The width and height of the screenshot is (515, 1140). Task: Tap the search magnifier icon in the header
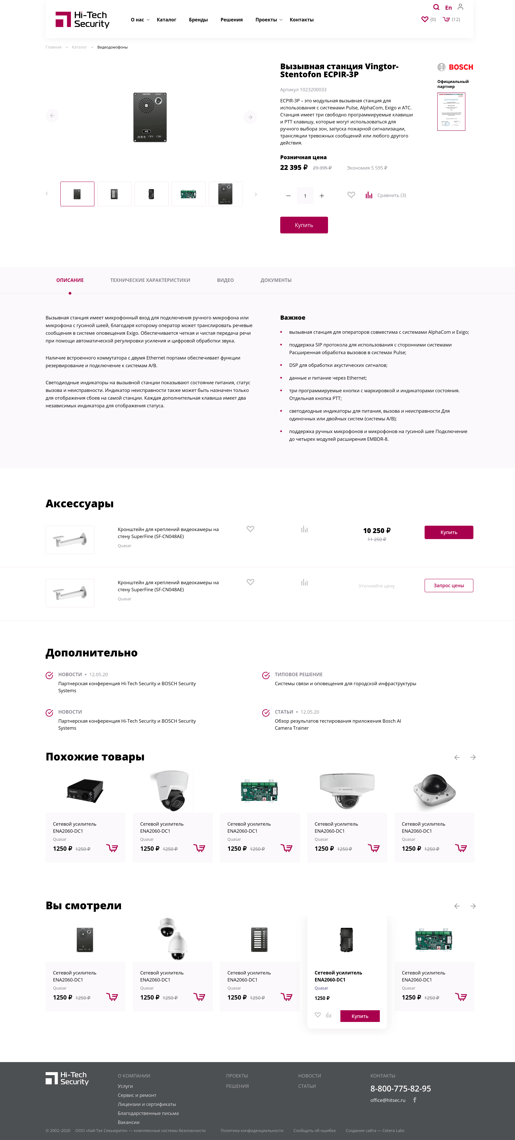tap(436, 7)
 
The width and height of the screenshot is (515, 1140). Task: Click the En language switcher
tap(448, 8)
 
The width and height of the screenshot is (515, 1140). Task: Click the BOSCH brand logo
tap(455, 67)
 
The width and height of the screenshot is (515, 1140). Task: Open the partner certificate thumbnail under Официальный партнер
tap(451, 112)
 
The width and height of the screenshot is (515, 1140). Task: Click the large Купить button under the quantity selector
tap(304, 225)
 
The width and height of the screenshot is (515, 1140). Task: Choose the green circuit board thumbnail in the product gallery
tap(188, 194)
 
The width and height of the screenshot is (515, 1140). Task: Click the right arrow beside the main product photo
tap(250, 117)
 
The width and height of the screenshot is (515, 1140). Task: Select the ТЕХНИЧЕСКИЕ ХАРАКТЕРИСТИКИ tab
tap(150, 280)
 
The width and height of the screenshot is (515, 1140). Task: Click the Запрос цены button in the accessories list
tap(449, 586)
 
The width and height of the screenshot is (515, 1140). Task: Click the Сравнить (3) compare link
tap(391, 195)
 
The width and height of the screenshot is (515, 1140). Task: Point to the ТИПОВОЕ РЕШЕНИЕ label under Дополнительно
tap(299, 675)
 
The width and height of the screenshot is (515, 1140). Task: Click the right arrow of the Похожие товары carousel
tap(473, 757)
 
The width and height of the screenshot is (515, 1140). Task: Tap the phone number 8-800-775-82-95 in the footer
tap(400, 1088)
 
